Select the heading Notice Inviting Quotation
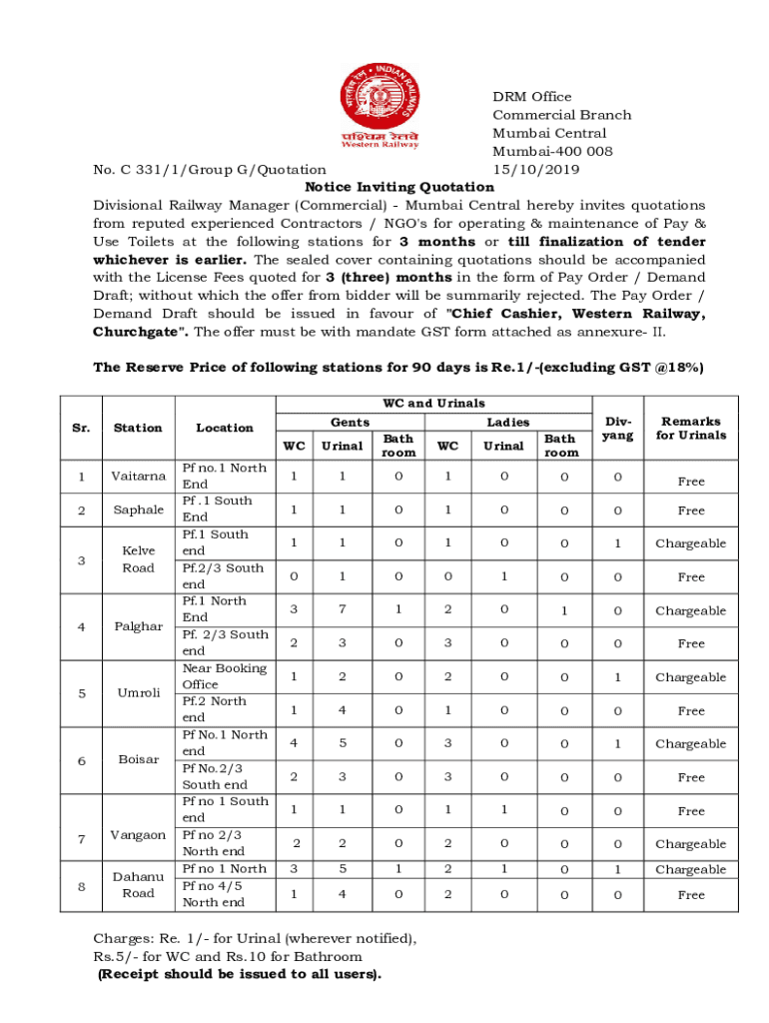tap(399, 187)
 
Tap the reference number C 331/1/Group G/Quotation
tap(210, 170)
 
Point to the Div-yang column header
tap(618, 429)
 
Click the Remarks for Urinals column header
tap(690, 428)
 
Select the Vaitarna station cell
tap(138, 477)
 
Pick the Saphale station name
tap(138, 510)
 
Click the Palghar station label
tap(138, 626)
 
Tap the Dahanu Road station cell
tap(138, 885)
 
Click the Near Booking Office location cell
tap(224, 676)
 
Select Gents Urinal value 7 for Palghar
tap(342, 609)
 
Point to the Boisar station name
tap(138, 759)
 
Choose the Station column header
tap(138, 428)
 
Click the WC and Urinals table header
tap(433, 404)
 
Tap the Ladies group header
tap(507, 423)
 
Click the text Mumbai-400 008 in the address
tap(552, 151)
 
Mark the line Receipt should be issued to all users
tap(239, 974)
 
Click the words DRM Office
tap(531, 97)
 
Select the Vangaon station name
tap(138, 835)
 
